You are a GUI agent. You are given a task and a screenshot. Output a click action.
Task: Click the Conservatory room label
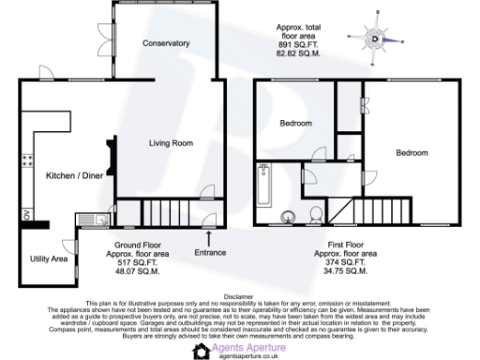167,44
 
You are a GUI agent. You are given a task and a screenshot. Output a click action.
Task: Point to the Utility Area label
47,257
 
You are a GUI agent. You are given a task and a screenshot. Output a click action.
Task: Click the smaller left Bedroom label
297,124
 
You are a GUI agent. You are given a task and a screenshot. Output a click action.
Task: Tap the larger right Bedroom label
412,153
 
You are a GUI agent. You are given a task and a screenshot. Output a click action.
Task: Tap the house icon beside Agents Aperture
201,351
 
